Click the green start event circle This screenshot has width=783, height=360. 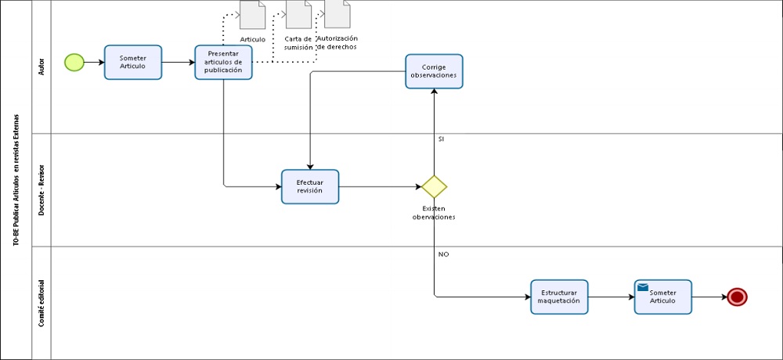(74, 63)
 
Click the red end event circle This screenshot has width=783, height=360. (737, 297)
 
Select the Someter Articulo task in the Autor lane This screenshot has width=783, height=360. (133, 63)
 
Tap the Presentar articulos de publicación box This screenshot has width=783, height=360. (223, 63)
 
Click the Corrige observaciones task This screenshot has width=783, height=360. (434, 71)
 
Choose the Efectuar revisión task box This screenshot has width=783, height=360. (310, 186)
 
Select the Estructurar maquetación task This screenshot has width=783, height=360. (559, 297)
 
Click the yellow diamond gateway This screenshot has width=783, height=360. (434, 186)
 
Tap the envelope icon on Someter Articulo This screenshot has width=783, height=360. (643, 287)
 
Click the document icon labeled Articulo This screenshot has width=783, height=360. (252, 15)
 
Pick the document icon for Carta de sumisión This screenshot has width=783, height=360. (298, 14)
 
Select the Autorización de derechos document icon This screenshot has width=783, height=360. (337, 13)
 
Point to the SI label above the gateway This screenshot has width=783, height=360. (441, 138)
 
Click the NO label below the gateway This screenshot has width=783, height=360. (443, 254)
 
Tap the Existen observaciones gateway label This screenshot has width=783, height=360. (434, 213)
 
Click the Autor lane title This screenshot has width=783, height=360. (41, 67)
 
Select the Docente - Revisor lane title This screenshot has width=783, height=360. (41, 190)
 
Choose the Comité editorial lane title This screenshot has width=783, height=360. (41, 302)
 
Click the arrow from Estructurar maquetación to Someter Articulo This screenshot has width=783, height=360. (611, 297)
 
